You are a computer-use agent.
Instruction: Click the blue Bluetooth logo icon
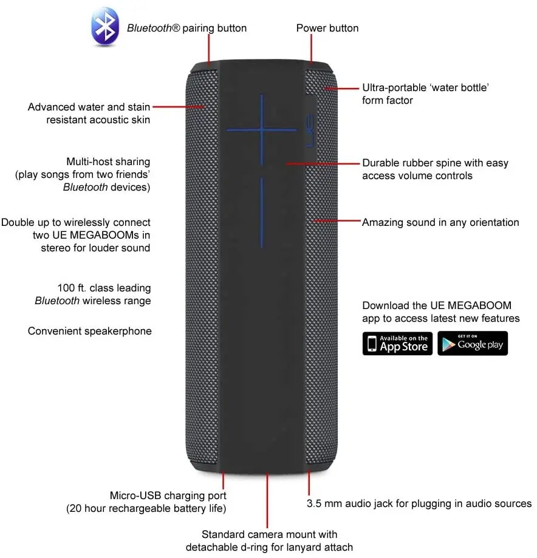(x=105, y=27)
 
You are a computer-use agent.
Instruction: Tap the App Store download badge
(x=397, y=344)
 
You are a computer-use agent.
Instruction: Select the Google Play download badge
(x=472, y=344)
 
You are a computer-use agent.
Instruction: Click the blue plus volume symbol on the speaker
(x=262, y=129)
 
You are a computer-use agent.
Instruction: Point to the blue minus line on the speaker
(x=262, y=212)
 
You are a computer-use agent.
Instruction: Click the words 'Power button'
(x=327, y=28)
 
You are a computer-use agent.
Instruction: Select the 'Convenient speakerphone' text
(x=90, y=331)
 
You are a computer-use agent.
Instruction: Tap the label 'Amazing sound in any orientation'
(x=440, y=222)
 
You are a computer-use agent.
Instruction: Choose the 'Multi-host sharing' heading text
(x=108, y=162)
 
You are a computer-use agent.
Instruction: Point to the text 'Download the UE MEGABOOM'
(x=437, y=305)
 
